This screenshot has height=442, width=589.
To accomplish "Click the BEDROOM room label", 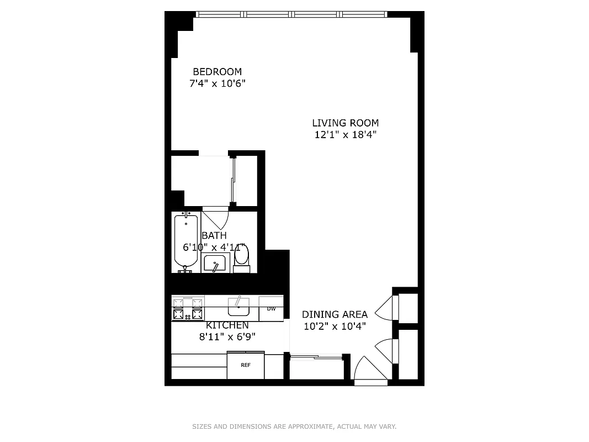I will [217, 72].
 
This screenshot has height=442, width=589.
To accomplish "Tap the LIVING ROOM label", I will [345, 123].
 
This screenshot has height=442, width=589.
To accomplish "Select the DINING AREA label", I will [335, 314].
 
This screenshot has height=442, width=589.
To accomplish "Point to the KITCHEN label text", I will [227, 325].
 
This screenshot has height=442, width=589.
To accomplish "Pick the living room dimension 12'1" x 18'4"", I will [345, 135].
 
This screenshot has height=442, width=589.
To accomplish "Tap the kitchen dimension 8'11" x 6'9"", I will [227, 336].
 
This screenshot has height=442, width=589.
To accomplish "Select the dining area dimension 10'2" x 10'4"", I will [335, 326].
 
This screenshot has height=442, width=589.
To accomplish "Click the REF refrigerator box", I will [246, 365].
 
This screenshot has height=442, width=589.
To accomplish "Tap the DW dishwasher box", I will [271, 309].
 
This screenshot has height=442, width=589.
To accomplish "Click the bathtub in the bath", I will [186, 241].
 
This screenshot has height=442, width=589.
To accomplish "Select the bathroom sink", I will [214, 264].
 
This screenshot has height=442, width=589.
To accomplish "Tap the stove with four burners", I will [188, 308].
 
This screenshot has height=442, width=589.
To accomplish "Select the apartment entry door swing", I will [369, 370].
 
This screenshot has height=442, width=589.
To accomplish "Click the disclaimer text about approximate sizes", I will [294, 427].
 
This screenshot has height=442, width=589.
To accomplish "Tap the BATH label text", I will [214, 235].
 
